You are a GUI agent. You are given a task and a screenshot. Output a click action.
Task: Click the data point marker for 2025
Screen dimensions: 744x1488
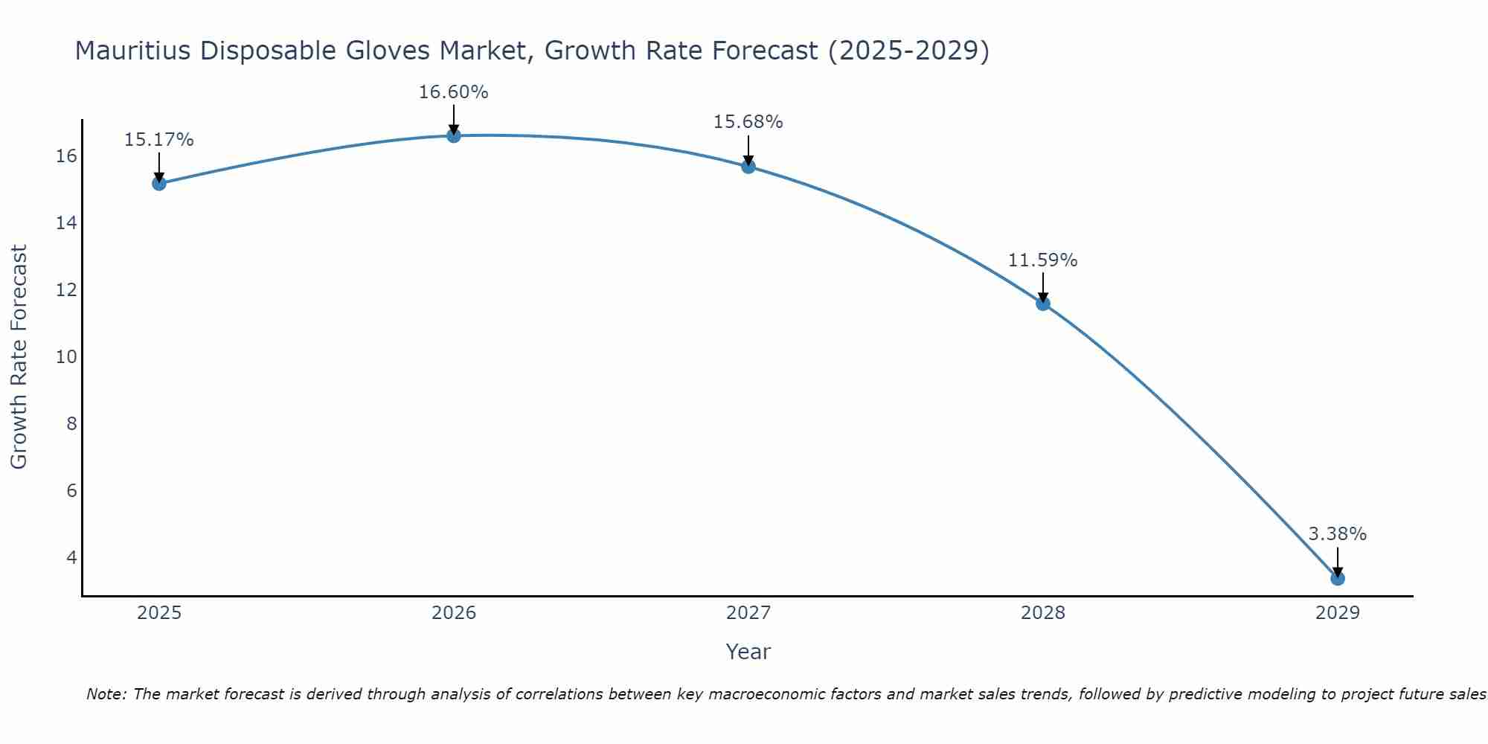point(158,183)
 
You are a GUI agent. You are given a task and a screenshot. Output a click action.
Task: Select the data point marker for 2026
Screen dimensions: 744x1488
point(454,135)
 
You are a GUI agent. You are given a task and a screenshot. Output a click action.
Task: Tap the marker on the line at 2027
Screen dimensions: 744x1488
point(748,166)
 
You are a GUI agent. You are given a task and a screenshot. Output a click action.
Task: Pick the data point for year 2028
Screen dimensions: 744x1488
point(1043,303)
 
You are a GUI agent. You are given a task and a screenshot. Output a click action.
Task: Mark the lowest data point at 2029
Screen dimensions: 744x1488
point(1338,578)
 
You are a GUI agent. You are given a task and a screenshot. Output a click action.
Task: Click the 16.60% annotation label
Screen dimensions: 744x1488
point(453,92)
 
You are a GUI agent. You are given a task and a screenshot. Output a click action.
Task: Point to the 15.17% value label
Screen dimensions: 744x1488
point(158,140)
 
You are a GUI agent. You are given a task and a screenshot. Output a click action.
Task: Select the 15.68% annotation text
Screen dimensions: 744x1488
point(748,122)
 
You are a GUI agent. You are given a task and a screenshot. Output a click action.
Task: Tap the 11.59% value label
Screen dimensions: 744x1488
point(1042,260)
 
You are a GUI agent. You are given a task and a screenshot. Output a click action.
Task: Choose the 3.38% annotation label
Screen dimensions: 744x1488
point(1337,534)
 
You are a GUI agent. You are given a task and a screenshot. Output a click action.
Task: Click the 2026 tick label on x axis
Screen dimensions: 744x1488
point(454,613)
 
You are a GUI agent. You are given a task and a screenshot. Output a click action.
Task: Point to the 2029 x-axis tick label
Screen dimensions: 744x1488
point(1338,613)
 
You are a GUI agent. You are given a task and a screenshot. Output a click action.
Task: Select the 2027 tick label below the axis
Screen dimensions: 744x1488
point(748,613)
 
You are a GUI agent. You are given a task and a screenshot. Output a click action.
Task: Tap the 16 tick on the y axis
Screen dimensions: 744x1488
point(66,156)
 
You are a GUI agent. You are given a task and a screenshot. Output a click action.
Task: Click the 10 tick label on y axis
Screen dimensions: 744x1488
point(66,357)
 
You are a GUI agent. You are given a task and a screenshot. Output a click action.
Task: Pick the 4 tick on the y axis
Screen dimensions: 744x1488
point(71,557)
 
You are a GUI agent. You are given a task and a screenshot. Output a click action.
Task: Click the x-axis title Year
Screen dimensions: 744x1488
point(748,652)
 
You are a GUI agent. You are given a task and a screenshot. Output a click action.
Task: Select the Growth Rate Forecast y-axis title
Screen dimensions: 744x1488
point(19,357)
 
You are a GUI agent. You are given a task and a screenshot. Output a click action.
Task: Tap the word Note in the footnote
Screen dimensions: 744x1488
point(106,694)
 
